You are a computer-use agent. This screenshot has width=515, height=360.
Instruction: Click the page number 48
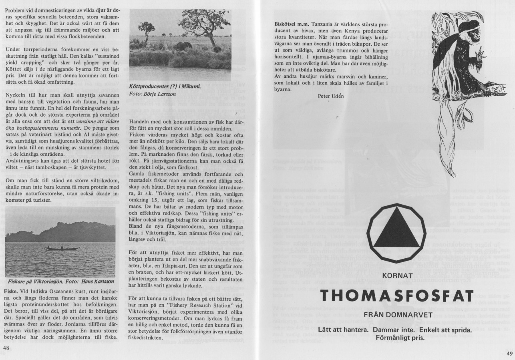tap(6, 348)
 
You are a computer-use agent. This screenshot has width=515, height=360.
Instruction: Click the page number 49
tap(509, 353)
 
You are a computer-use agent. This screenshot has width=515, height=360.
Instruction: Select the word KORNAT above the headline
tap(397, 276)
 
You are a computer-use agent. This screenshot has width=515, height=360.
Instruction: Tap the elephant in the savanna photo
tap(185, 46)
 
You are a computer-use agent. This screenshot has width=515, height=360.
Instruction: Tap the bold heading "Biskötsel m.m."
tap(288, 24)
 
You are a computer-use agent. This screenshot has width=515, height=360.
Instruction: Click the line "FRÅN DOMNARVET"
tap(397, 315)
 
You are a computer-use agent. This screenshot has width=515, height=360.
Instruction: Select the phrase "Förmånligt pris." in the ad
tap(397, 337)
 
